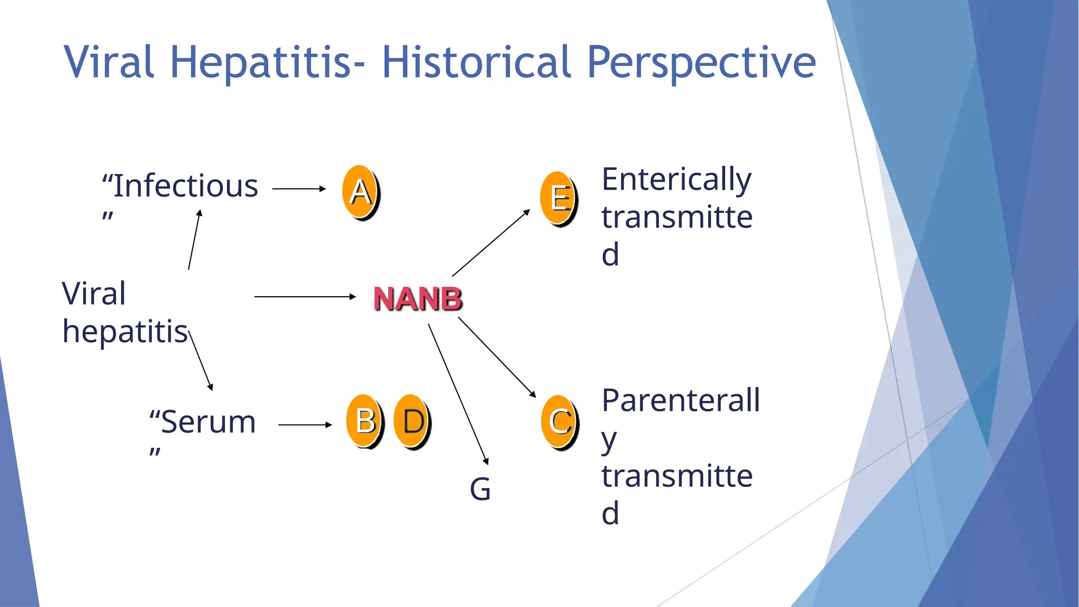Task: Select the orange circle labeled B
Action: (365, 420)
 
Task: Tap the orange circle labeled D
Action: (411, 420)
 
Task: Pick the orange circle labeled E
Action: (558, 198)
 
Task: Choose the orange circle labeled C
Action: (560, 421)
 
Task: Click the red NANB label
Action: (417, 299)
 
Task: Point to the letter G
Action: (480, 489)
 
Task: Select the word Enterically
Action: (676, 179)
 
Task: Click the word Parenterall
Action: (681, 400)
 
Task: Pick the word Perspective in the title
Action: (701, 62)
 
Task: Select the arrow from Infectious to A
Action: (299, 189)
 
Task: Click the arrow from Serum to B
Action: (305, 424)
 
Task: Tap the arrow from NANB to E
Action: (491, 243)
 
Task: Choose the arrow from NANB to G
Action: (458, 394)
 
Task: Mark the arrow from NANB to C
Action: (497, 357)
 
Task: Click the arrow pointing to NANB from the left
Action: (305, 297)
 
